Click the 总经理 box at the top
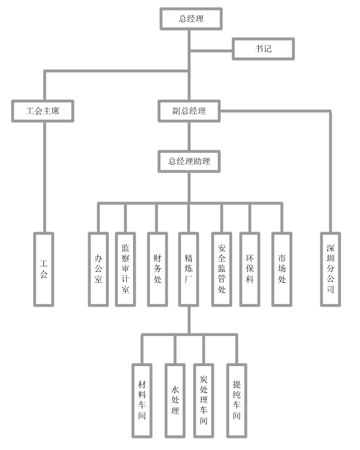[x=191, y=19]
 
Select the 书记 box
[x=263, y=49]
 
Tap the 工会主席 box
[x=43, y=111]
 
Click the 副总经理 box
[x=189, y=111]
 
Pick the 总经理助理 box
[x=189, y=161]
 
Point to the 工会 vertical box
[x=44, y=269]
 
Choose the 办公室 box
[x=99, y=269]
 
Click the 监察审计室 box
[x=126, y=269]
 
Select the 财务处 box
[x=157, y=269]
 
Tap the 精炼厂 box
[x=188, y=269]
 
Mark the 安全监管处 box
[x=222, y=269]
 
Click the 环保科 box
[x=250, y=269]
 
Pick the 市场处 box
[x=282, y=269]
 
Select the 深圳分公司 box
[x=330, y=269]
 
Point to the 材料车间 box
[x=142, y=400]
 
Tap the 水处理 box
[x=175, y=400]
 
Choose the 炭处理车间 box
[x=204, y=400]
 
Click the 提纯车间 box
[x=236, y=400]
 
